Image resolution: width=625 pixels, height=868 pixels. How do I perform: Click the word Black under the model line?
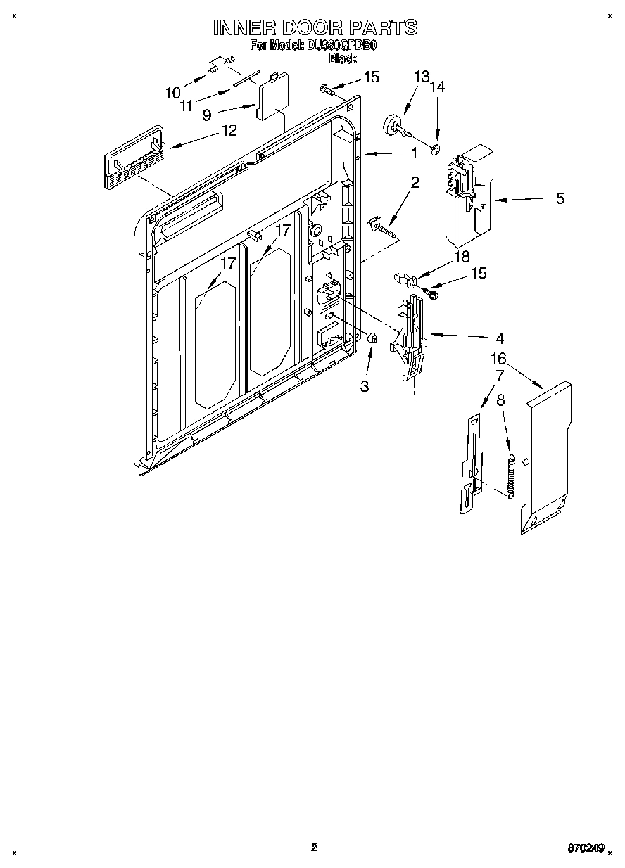tap(343, 59)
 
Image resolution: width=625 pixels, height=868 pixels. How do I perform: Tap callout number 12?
tap(228, 130)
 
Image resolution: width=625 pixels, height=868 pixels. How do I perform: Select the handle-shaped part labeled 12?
tap(134, 158)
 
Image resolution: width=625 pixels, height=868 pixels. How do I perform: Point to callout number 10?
tap(173, 92)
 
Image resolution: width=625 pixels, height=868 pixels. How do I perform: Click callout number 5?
tap(560, 198)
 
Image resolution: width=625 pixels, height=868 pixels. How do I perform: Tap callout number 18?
tap(462, 257)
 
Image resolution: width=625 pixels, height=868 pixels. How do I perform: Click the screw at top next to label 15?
tap(325, 89)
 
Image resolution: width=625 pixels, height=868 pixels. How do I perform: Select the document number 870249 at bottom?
tap(586, 848)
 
